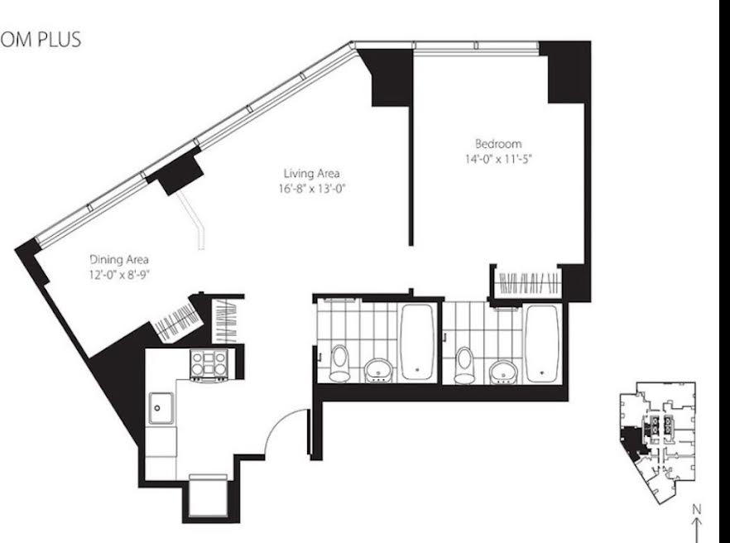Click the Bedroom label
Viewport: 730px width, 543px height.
(498, 143)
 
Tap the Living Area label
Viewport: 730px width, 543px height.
(311, 174)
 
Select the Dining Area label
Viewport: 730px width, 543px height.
(118, 259)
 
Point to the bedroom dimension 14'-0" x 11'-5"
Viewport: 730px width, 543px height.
(498, 159)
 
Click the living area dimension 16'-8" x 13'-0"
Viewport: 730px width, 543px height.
(312, 189)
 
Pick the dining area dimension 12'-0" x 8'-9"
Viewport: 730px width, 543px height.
(119, 275)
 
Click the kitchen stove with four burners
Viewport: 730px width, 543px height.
(209, 365)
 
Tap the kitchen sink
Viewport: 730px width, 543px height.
(161, 408)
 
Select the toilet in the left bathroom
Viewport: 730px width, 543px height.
(339, 363)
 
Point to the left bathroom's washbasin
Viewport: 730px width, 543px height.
(378, 370)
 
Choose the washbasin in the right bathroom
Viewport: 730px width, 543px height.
(503, 372)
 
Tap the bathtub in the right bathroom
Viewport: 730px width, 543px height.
(542, 344)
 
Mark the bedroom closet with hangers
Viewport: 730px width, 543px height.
(528, 283)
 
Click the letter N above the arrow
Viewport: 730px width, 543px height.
(697, 509)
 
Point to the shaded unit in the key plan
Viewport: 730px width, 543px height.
(632, 440)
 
